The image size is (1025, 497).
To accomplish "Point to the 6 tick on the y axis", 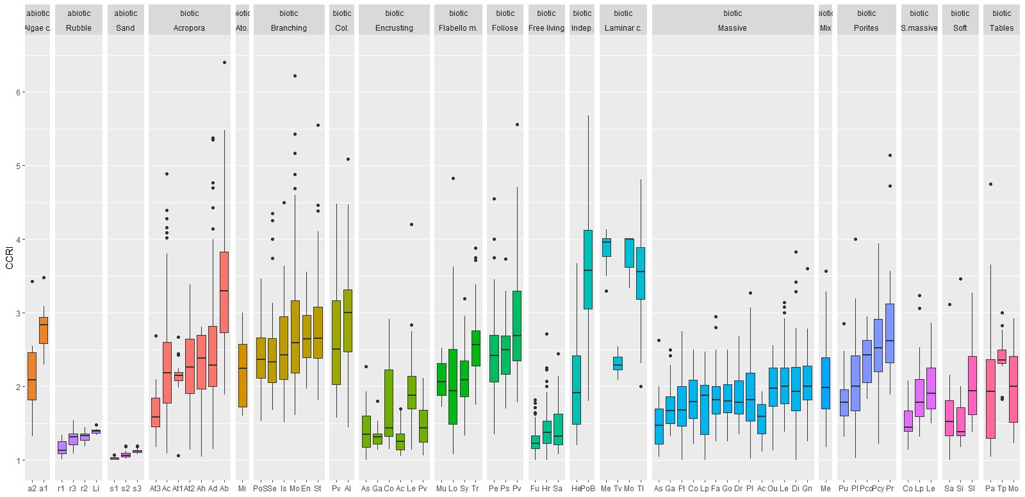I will click(19, 92).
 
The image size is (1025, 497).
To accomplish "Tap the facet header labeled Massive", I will click(732, 28).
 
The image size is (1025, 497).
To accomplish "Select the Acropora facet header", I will click(189, 28).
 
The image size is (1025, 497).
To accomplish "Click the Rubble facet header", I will click(79, 28).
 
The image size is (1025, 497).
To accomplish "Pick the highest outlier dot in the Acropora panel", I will click(224, 63).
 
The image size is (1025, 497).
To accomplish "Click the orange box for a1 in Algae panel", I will click(44, 330).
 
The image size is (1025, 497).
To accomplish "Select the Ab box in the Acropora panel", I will click(224, 292).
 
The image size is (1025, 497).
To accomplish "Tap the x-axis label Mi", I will click(242, 488).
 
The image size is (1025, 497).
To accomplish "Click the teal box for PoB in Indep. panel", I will click(588, 269).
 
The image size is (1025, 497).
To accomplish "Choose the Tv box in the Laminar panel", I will click(618, 363).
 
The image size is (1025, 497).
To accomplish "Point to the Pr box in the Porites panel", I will click(890, 333).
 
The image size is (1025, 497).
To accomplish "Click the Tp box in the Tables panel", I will click(1002, 357).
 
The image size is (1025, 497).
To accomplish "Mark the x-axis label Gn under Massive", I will click(807, 488).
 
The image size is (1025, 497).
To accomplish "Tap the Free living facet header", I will click(546, 28).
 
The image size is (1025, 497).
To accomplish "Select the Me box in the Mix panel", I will click(825, 383).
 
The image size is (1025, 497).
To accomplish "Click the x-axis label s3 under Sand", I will click(137, 488).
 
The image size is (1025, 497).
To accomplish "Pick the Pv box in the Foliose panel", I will click(517, 326).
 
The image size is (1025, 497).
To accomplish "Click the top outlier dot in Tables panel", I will click(990, 184).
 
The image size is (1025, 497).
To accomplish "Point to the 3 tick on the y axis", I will click(19, 313).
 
